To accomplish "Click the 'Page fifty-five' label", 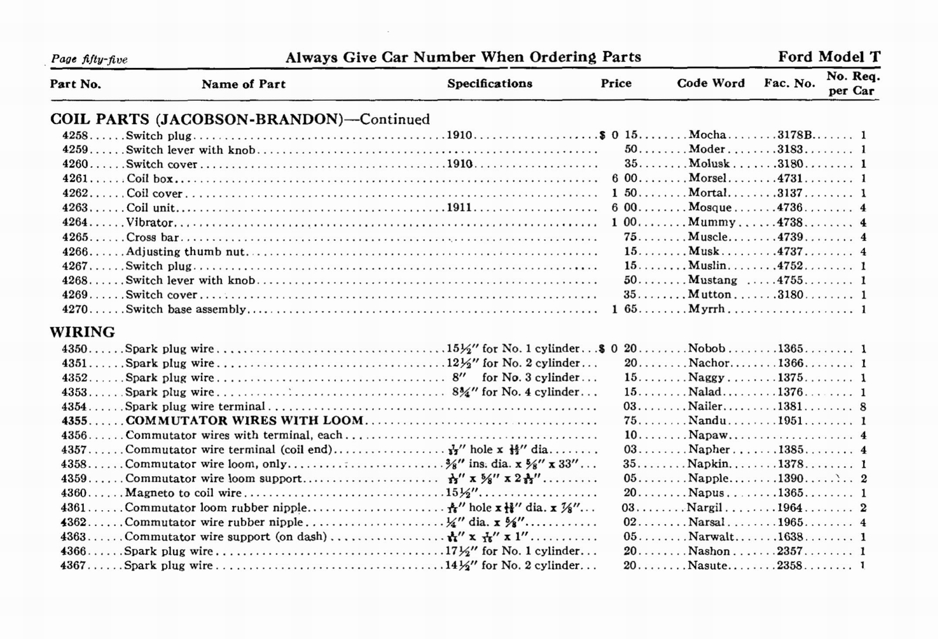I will pos(89,59).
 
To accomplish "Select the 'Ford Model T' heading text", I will pos(829,57).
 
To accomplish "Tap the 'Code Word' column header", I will pos(711,83).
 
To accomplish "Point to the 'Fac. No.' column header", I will pos(789,83).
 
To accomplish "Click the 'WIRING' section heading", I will pos(83,332).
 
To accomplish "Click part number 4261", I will pos(75,179).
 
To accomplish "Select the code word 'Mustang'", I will pos(712,281).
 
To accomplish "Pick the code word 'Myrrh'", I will pos(706,309).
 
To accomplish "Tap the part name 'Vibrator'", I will pos(149,223).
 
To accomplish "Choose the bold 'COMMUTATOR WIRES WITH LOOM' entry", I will pos(244,421).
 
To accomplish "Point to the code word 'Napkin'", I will pos(709,464).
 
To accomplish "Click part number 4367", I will pos(74,566).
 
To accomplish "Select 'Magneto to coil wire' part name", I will pos(183,493).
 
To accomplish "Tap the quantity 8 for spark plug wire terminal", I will pos(863,406).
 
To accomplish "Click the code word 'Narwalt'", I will pos(711,537).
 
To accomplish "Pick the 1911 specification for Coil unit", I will pos(459,208).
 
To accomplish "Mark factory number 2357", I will pos(790,551).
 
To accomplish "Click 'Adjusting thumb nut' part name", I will pos(186,252).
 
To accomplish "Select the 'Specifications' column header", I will pos(490,83).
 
